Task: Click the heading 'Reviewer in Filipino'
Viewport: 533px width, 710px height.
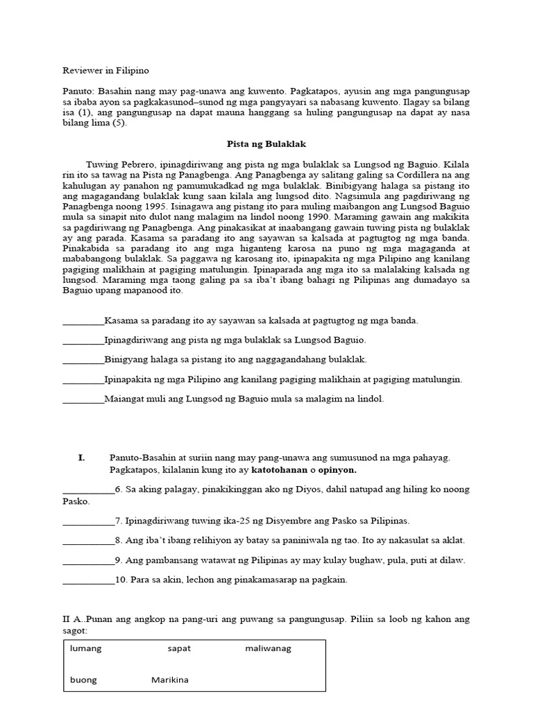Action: (105, 71)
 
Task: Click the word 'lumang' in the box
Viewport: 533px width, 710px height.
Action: (85, 648)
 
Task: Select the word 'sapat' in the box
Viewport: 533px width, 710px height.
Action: (178, 648)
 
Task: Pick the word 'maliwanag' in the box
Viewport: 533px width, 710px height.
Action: (268, 648)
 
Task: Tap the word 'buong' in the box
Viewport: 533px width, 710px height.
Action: (83, 679)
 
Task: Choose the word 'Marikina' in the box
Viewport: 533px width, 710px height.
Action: (170, 679)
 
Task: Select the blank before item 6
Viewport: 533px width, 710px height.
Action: (88, 489)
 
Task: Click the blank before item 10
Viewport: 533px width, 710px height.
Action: (88, 580)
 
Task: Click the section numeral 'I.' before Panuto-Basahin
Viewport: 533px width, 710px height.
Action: (81, 458)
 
